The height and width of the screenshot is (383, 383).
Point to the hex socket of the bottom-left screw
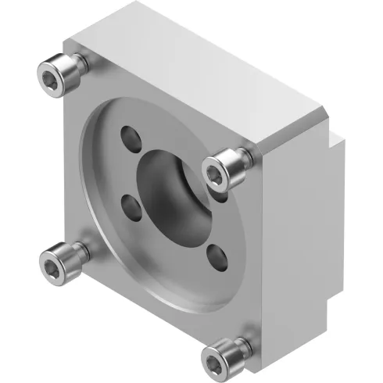[53, 257]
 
